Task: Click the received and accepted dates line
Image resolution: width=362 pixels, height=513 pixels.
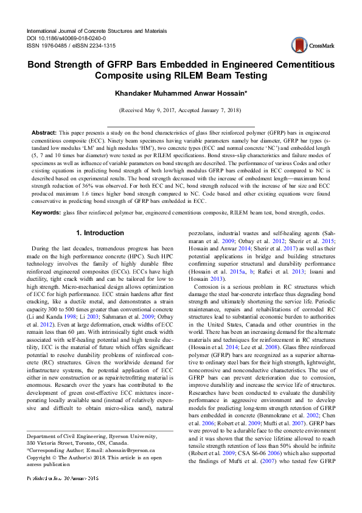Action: click(180, 111)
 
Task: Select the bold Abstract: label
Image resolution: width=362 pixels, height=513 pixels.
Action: click(44, 132)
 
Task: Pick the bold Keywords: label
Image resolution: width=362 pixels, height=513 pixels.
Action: click(46, 212)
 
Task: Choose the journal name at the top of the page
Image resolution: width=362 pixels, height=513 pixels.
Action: click(96, 30)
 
